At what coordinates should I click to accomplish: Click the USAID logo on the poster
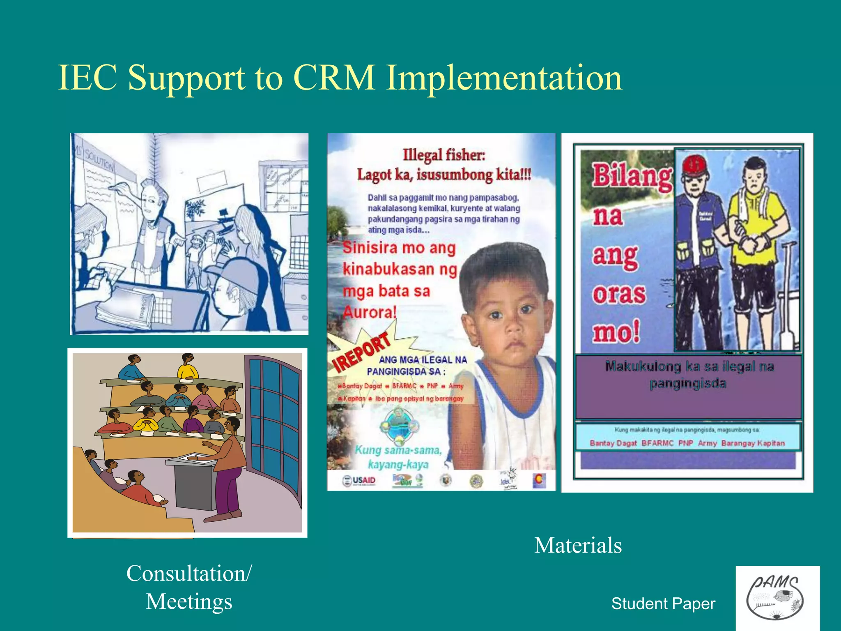point(359,480)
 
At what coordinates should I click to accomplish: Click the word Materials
point(578,546)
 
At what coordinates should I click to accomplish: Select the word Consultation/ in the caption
point(189,573)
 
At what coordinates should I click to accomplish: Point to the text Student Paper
point(663,603)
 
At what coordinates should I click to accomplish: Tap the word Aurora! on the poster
point(370,313)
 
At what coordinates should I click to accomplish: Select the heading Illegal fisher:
point(443,155)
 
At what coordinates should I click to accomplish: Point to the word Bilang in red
point(632,176)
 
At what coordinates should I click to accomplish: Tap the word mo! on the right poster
point(616,332)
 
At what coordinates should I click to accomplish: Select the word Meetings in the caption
point(189,601)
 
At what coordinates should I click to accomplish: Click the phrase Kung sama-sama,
point(398,450)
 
